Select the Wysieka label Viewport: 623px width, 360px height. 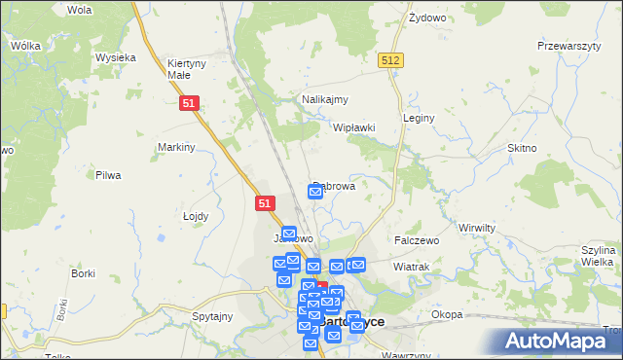pyautogui.click(x=115, y=57)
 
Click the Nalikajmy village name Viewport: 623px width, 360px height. pyautogui.click(x=325, y=99)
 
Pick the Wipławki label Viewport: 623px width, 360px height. pyautogui.click(x=354, y=127)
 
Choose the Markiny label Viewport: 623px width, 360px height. pyautogui.click(x=177, y=147)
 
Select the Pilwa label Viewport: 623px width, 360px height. pyautogui.click(x=107, y=175)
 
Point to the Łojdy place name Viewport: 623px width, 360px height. pyautogui.click(x=197, y=216)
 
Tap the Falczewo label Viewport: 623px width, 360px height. pyautogui.click(x=417, y=239)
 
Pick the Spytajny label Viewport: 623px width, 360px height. pyautogui.click(x=212, y=316)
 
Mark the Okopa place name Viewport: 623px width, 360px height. pyautogui.click(x=447, y=314)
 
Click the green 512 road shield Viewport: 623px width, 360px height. pyautogui.click(x=390, y=60)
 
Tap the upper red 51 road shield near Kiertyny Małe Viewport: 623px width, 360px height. pyautogui.click(x=191, y=102)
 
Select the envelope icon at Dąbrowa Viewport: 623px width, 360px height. pyautogui.click(x=315, y=192)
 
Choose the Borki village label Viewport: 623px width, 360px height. pyautogui.click(x=83, y=273)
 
